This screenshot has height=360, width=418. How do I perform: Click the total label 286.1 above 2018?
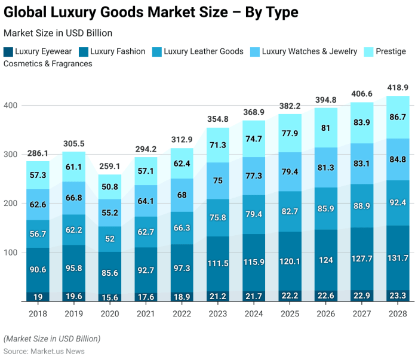point(39,153)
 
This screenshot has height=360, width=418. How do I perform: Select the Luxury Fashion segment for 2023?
point(218,263)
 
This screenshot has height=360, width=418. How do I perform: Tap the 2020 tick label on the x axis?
point(110,313)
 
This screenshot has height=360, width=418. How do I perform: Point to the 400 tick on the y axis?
point(11,106)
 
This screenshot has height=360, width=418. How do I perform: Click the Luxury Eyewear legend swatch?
point(8,52)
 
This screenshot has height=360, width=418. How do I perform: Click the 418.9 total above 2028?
point(397,88)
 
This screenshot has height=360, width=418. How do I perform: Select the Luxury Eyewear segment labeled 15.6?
point(110,297)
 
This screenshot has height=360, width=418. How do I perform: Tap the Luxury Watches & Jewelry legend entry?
point(309,51)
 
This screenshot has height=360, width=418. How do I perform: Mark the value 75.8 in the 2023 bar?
point(218,217)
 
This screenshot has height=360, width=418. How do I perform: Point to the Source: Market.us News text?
point(44,351)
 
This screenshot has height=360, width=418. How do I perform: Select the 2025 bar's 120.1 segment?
point(290,261)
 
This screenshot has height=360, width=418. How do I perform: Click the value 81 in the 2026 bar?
point(325,128)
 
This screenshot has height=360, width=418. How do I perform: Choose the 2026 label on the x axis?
point(325,313)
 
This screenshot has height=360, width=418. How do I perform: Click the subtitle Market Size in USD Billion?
point(57,33)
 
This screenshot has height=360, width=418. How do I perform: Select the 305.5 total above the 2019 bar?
point(75,144)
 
